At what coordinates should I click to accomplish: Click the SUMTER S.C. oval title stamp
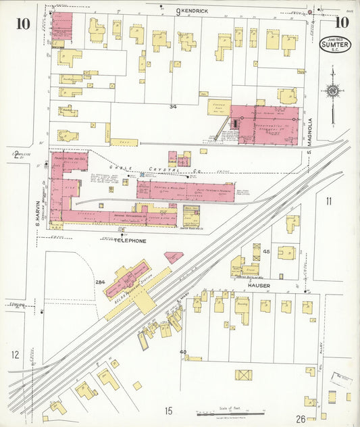[x=334, y=44]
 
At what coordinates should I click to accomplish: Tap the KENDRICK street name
[x=193, y=11]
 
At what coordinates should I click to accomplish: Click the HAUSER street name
[x=258, y=285]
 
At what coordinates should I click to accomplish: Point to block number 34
[x=173, y=107]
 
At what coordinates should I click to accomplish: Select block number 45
[x=266, y=251]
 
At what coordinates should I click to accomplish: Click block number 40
[x=182, y=352]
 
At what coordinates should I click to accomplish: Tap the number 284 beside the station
[x=101, y=282]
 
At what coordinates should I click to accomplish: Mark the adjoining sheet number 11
[x=328, y=201]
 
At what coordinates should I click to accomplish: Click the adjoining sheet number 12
[x=15, y=354]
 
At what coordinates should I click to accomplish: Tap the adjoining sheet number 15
[x=168, y=410]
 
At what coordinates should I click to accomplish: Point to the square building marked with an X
[x=243, y=374]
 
